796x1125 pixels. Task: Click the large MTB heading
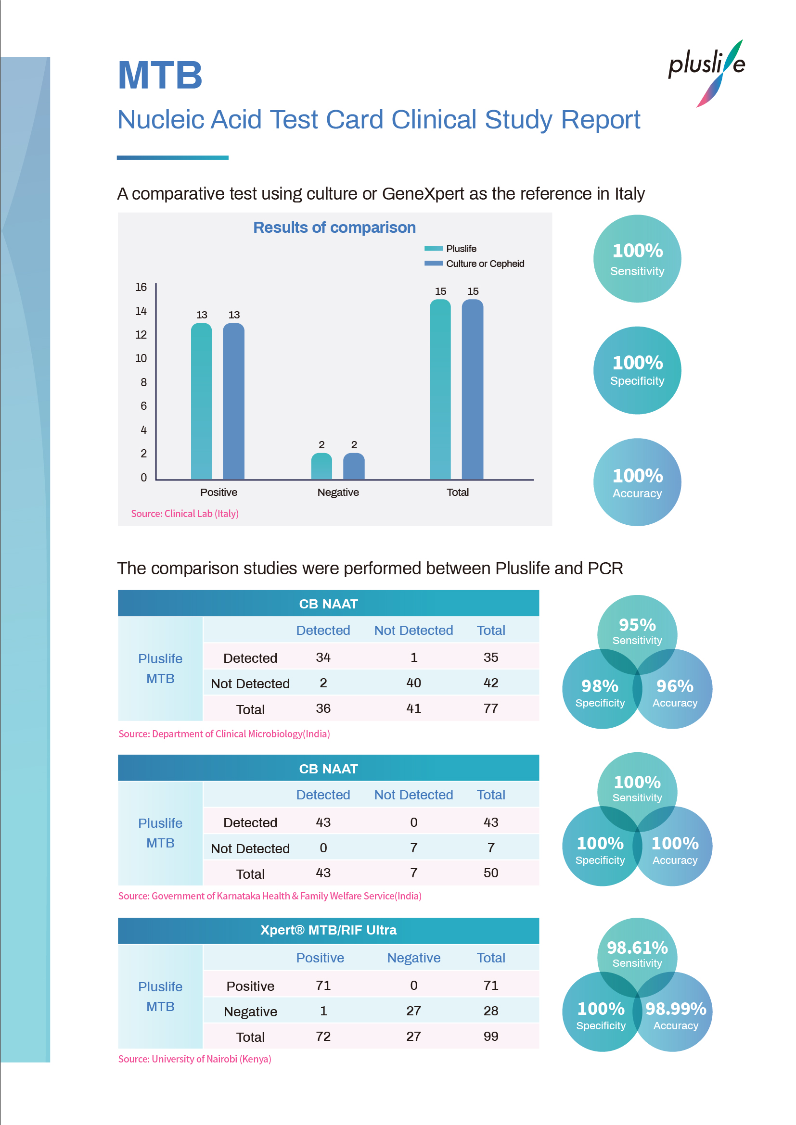[x=160, y=76]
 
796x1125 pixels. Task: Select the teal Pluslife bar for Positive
[x=202, y=401]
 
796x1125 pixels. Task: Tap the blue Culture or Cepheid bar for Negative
[x=353, y=466]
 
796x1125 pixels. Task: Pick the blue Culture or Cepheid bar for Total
[x=473, y=390]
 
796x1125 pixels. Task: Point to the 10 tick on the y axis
[x=141, y=358]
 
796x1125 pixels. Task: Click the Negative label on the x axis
[x=338, y=492]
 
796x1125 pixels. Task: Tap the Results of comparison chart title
[x=334, y=228]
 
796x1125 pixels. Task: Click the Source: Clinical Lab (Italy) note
[x=185, y=514]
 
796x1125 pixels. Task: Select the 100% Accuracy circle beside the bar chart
[x=637, y=482]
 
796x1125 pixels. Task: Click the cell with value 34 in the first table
[x=323, y=657]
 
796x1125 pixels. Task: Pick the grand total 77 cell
[x=490, y=708]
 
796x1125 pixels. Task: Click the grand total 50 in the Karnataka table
[x=490, y=872]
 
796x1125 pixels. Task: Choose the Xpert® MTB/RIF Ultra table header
[x=328, y=930]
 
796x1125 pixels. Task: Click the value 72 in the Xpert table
[x=323, y=1037]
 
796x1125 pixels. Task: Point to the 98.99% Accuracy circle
[x=675, y=1014]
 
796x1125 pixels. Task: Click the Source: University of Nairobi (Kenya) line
[x=194, y=1059]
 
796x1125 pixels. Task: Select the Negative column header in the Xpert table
[x=414, y=958]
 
